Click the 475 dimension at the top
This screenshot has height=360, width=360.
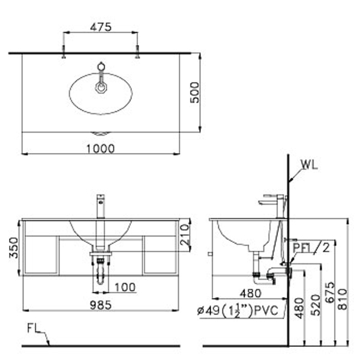coord(101,27)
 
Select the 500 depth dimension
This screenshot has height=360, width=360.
coord(194,92)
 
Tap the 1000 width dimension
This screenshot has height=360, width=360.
coord(100,149)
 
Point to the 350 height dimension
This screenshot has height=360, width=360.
coord(14,248)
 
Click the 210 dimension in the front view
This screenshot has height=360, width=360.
coord(185,235)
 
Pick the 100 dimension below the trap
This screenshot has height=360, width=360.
coord(125,287)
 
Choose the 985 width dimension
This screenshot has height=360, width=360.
coord(101,305)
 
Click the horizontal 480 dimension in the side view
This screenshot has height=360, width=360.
coord(250,293)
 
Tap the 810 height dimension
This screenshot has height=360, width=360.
coord(343,299)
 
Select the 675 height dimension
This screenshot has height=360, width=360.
coord(330,292)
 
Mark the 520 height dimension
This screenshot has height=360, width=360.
coord(315,305)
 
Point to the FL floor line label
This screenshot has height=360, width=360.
coord(34,328)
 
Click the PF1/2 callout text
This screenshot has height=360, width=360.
coord(311,248)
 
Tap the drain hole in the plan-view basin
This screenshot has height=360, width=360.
coord(101,88)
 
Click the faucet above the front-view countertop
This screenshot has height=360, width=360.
coord(101,206)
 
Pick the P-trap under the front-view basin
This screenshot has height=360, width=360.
coord(100,271)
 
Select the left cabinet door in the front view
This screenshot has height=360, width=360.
coord(41,255)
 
